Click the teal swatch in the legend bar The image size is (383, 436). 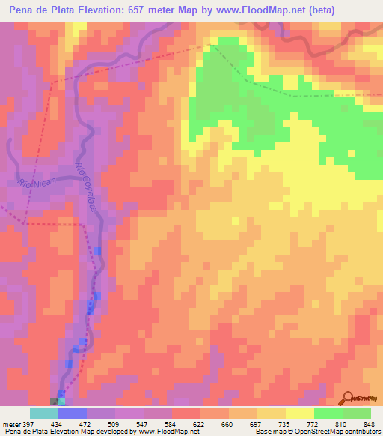pos(44,413)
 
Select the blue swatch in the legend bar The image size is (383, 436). pos(72,413)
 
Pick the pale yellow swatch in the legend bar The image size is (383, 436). pos(299,413)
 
